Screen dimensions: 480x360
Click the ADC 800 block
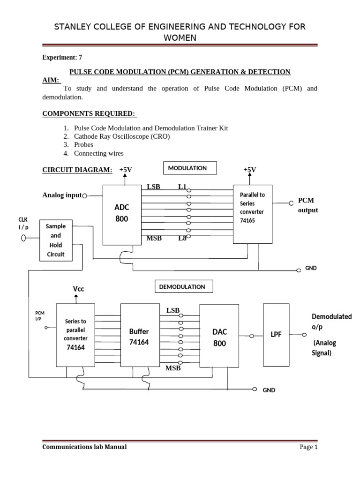(x=121, y=214)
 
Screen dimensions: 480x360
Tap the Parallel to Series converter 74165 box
(x=252, y=213)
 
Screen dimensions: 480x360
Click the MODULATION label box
(x=190, y=168)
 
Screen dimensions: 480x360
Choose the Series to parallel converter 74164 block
(x=75, y=335)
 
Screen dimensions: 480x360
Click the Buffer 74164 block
(x=139, y=335)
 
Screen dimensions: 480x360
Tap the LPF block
(x=276, y=335)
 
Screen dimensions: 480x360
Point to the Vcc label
(x=78, y=289)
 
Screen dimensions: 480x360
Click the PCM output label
(x=308, y=205)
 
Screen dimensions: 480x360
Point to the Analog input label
(x=62, y=195)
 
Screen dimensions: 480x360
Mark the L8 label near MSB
(x=182, y=238)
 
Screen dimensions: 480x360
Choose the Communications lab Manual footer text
(x=84, y=447)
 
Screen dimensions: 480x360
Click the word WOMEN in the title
(x=180, y=37)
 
